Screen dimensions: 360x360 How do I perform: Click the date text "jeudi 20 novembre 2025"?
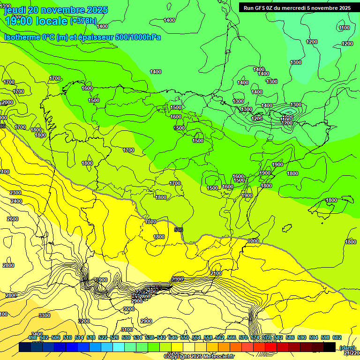56,10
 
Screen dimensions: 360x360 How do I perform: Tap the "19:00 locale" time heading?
35,21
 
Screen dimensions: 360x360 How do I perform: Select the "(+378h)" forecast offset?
83,21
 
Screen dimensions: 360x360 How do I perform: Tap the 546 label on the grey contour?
179,230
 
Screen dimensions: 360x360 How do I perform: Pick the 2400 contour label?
16,201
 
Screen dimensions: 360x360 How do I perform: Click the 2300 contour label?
15,193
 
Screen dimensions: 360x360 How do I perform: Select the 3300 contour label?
45,315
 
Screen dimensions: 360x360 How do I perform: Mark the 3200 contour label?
84,321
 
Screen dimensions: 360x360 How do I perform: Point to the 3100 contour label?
127,330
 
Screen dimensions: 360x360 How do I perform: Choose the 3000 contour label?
129,309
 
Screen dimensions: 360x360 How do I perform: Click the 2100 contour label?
216,273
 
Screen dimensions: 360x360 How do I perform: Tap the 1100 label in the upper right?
344,28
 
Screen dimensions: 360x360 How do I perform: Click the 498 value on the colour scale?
32,337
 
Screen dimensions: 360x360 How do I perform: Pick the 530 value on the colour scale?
126,337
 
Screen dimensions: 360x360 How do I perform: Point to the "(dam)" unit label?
347,347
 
